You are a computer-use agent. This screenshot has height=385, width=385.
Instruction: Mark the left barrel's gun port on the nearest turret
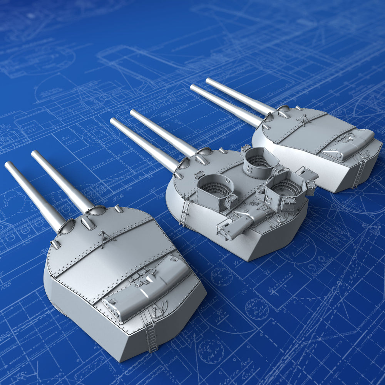click(x=66, y=227)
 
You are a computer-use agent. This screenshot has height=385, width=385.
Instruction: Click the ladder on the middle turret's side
click(x=185, y=211)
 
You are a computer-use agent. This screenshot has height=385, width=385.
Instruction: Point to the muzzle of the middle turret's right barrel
click(x=134, y=113)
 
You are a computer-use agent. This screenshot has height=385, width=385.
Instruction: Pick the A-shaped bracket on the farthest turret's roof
click(x=305, y=120)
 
